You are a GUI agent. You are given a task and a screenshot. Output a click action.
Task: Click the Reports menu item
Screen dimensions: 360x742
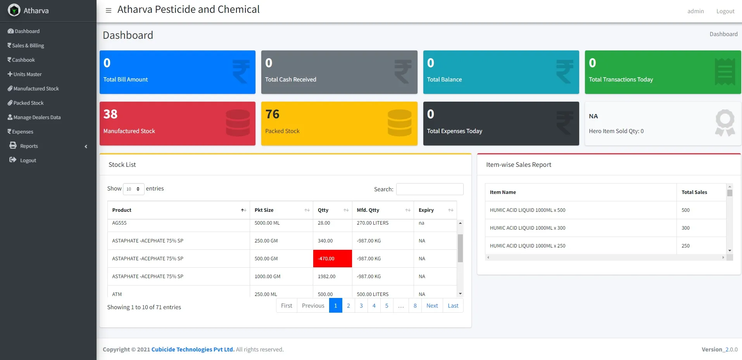click(29, 146)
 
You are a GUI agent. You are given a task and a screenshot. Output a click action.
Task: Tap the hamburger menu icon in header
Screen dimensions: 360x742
click(109, 10)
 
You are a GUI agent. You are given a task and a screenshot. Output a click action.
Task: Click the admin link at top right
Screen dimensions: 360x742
click(695, 11)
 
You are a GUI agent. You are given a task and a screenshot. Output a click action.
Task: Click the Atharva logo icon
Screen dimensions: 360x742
click(14, 10)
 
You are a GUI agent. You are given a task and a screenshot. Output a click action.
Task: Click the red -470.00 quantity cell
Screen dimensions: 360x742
click(332, 259)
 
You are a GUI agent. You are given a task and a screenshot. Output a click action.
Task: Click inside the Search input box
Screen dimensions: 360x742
click(430, 189)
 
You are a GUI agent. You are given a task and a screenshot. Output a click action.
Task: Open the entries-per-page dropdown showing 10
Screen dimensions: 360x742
click(133, 189)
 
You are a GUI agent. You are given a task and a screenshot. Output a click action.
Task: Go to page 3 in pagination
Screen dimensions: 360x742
click(361, 306)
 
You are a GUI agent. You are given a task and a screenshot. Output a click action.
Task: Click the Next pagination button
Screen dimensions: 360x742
click(432, 306)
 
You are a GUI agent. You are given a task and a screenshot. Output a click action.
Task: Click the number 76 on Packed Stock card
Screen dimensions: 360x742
click(272, 114)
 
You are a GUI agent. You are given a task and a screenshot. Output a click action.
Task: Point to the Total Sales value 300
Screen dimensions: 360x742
click(685, 228)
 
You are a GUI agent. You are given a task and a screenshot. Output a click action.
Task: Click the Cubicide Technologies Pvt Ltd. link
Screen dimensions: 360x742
click(193, 350)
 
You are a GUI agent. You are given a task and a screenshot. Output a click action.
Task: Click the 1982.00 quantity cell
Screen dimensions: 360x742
click(326, 277)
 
